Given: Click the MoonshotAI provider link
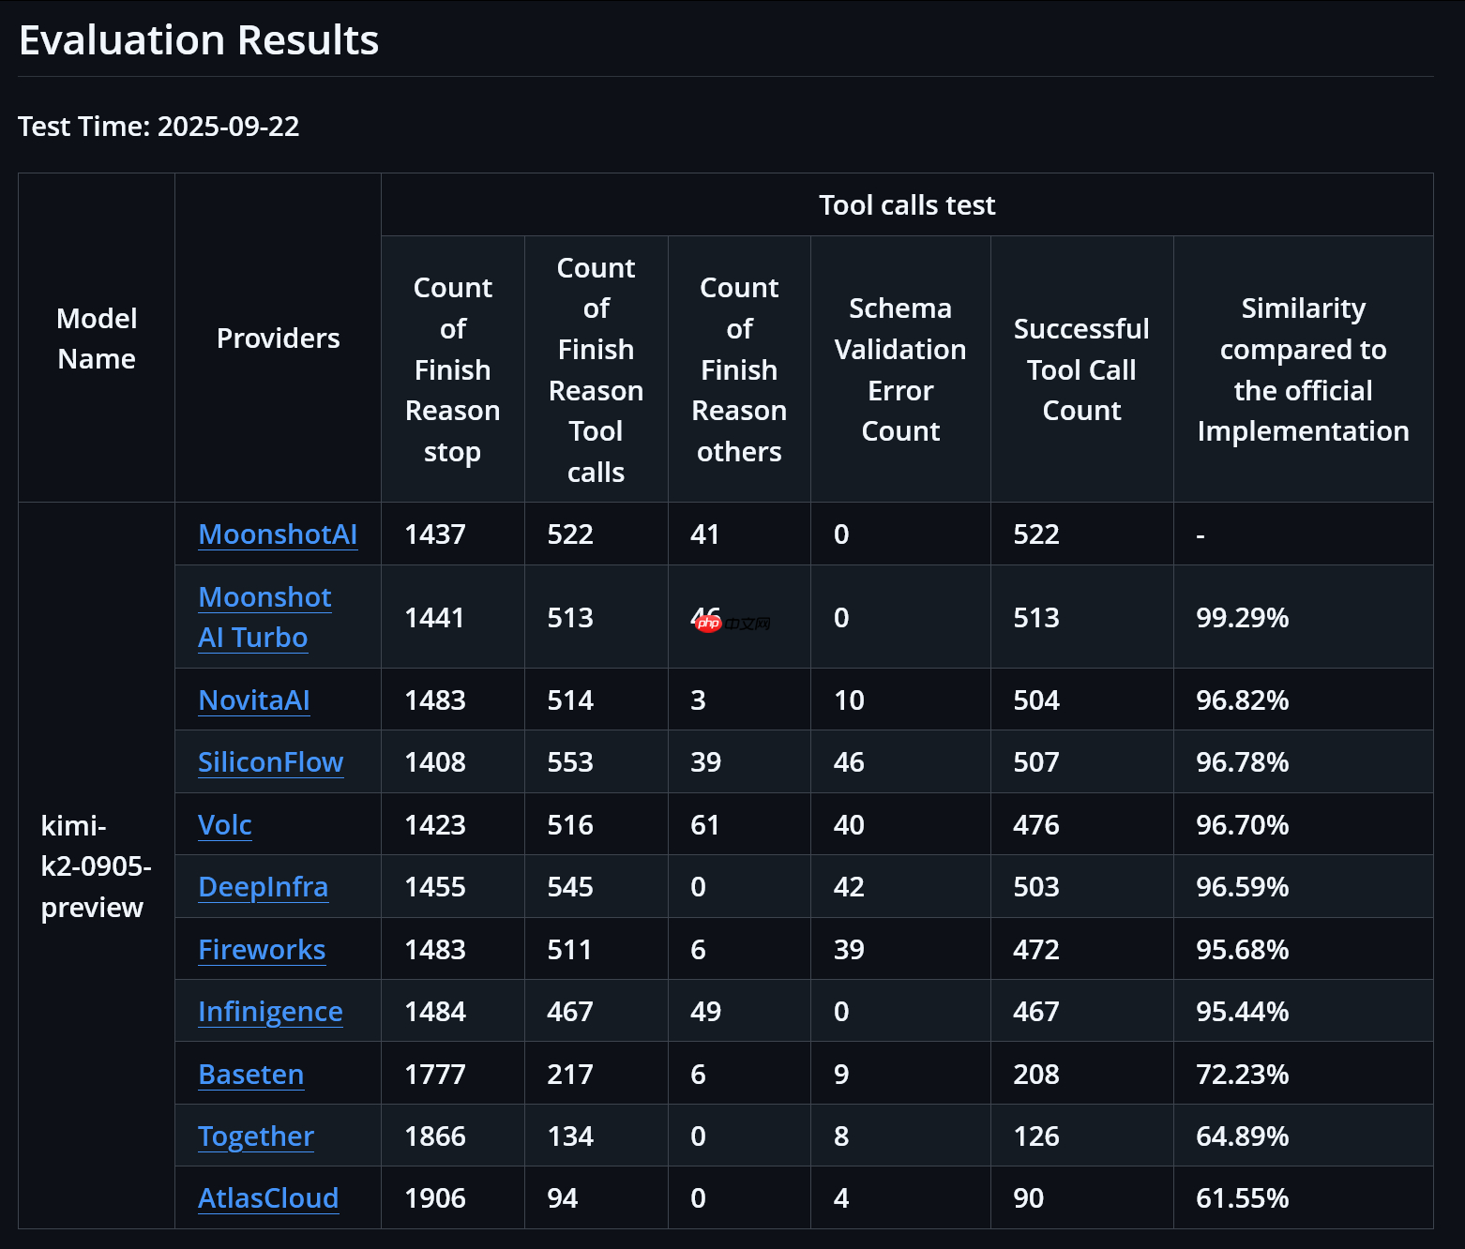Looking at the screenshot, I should [x=278, y=534].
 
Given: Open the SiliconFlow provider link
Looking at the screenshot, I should [x=270, y=762].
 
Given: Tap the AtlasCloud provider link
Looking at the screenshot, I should [x=268, y=1198].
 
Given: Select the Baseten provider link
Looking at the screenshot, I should [x=250, y=1075].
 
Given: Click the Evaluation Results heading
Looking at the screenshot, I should [x=199, y=40].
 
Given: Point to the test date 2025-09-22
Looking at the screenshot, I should [x=228, y=127].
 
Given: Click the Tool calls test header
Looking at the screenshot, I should [x=907, y=205].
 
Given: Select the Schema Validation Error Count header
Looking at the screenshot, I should [x=900, y=369].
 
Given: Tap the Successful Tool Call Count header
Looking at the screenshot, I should [x=1081, y=369].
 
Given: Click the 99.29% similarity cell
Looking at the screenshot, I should [x=1242, y=618].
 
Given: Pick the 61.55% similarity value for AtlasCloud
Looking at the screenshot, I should [x=1242, y=1198].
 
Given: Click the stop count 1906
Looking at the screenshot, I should [x=435, y=1198].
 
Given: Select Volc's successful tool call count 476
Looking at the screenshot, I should [x=1036, y=825].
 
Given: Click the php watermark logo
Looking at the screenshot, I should [x=709, y=624].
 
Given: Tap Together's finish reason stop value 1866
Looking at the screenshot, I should [x=435, y=1136].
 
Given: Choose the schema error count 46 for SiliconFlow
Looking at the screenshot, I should [x=849, y=762].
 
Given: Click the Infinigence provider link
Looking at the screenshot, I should [x=270, y=1012].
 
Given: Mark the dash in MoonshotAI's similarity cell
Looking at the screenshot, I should [x=1201, y=536].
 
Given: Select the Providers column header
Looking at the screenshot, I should [x=278, y=339].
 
